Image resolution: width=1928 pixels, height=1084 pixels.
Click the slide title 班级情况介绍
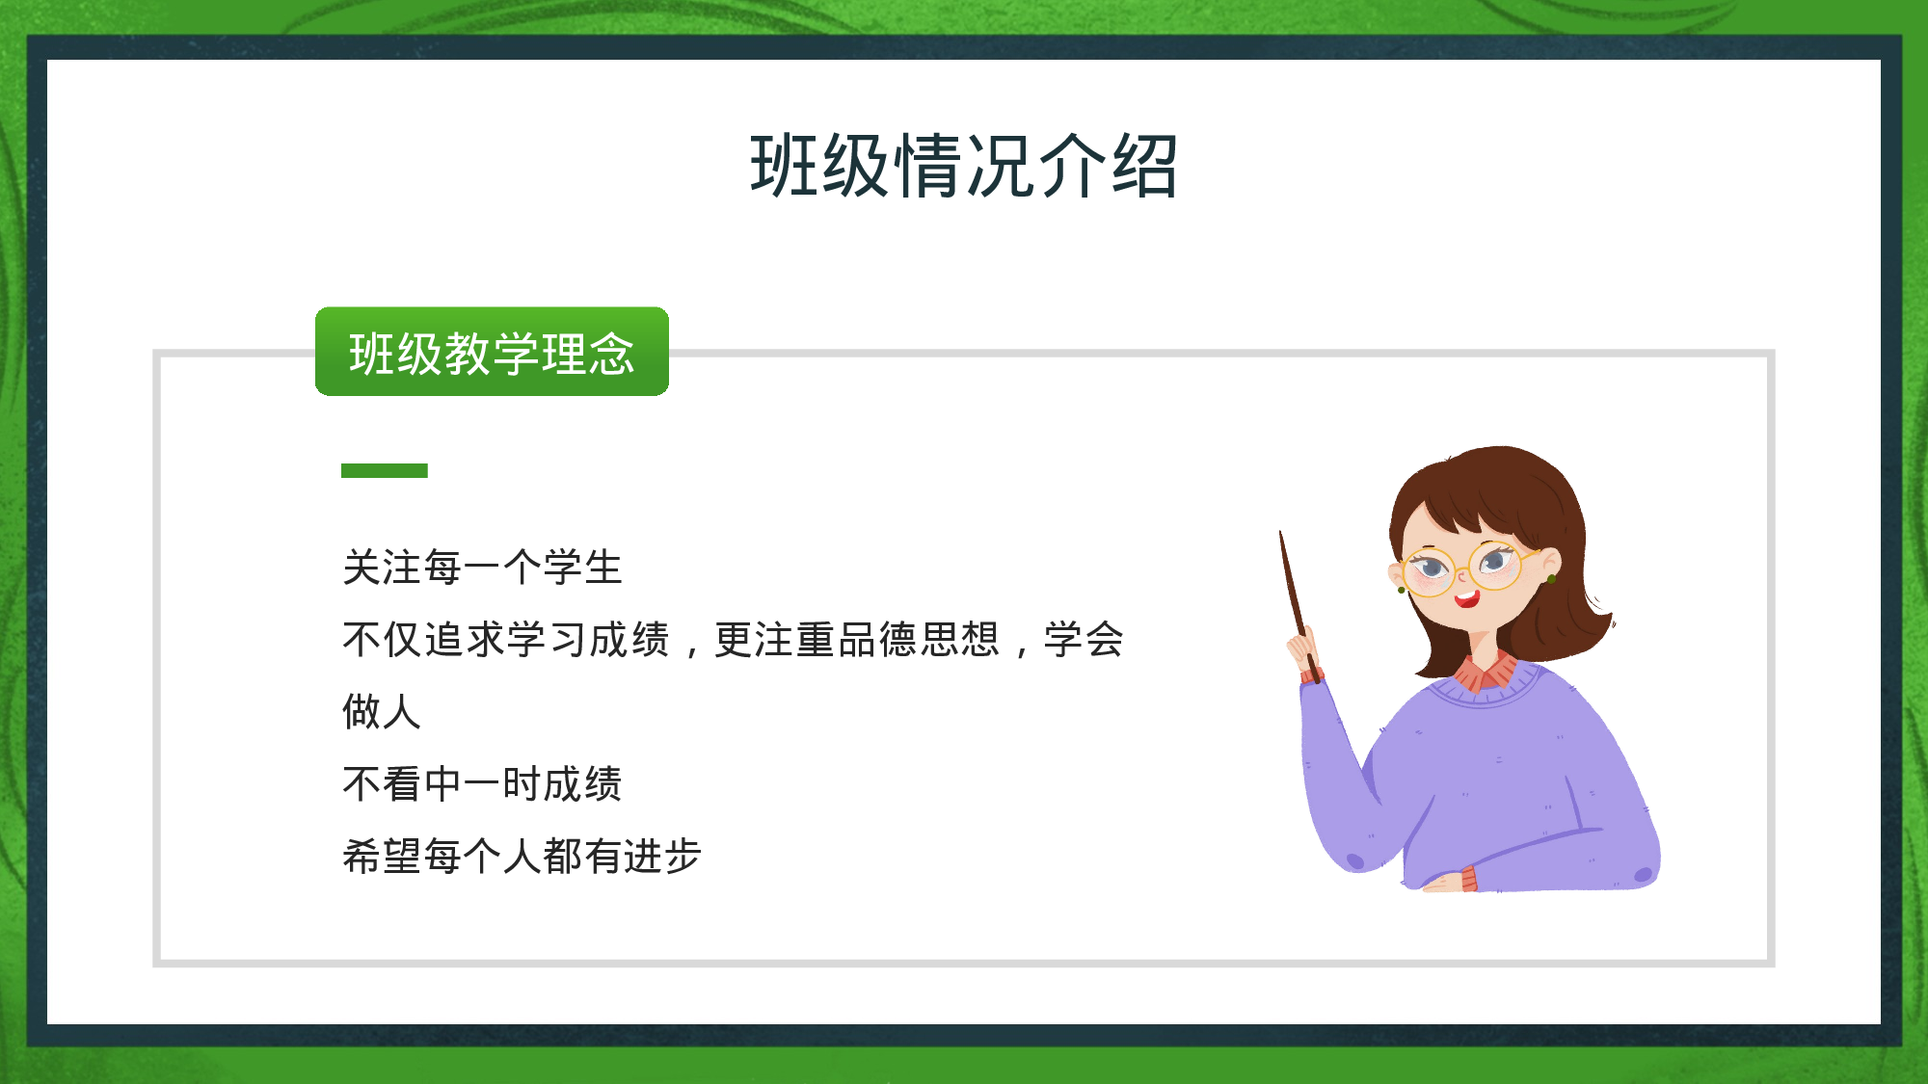pos(964,166)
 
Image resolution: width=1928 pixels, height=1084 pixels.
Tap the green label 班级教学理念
pos(492,353)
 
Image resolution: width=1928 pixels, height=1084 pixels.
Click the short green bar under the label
pos(384,470)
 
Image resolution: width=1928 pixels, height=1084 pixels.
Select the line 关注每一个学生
pos(482,568)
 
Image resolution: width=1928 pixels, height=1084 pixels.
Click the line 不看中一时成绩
pos(482,783)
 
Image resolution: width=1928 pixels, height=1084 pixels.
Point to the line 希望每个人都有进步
pos(522,856)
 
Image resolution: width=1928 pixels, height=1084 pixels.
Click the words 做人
pos(382,712)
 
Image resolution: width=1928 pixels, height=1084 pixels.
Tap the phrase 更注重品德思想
pos(856,640)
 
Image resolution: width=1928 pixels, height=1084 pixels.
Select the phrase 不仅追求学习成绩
pos(506,640)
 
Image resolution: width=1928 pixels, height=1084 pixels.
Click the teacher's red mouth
pos(1467,599)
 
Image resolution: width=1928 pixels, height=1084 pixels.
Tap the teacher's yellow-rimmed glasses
pos(1465,568)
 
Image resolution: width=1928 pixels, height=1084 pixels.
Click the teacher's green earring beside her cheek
pos(1551,579)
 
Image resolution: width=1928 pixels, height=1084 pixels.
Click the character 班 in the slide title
pos(785,166)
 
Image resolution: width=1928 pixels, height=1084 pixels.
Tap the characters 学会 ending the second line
pos(1084,640)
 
